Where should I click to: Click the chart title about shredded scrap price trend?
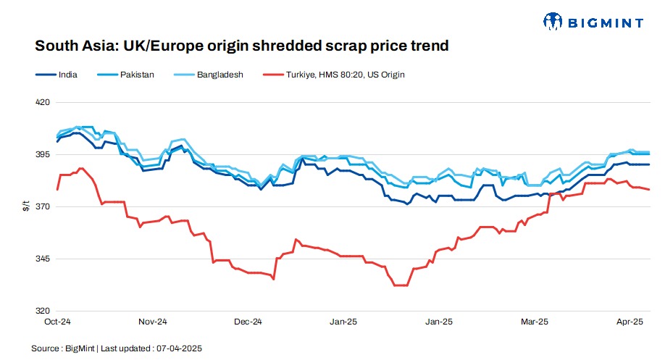pos(242,46)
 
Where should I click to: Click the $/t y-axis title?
pos(27,206)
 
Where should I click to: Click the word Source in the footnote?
pos(45,348)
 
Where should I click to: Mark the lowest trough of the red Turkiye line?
pos(400,285)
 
